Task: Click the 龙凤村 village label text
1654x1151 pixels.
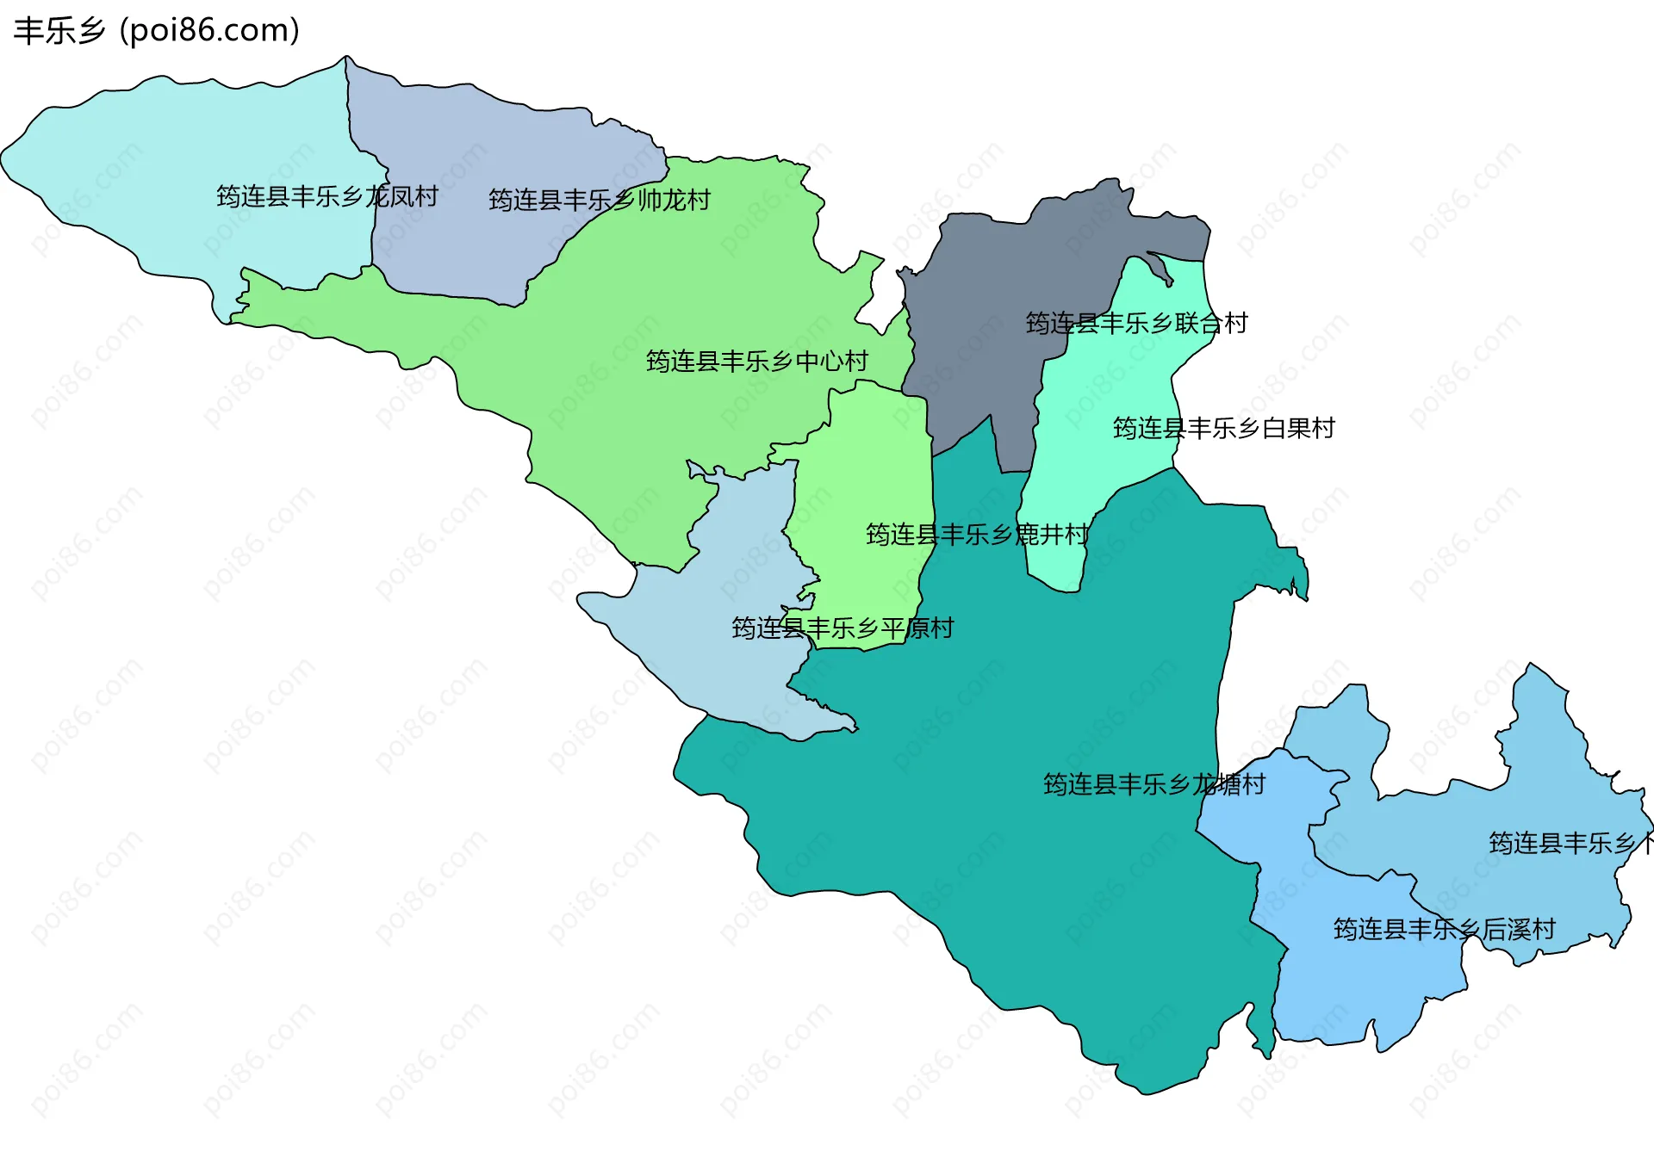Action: [327, 197]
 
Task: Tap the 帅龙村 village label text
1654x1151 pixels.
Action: [600, 201]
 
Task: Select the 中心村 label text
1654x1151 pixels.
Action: [757, 362]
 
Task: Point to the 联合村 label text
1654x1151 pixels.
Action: [1136, 324]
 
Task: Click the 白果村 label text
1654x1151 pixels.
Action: [1223, 429]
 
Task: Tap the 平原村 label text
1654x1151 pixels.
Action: [843, 628]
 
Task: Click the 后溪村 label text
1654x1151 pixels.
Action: [1444, 930]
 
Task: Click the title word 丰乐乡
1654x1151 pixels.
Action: [59, 31]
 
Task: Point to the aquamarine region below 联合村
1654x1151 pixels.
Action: [1111, 387]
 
